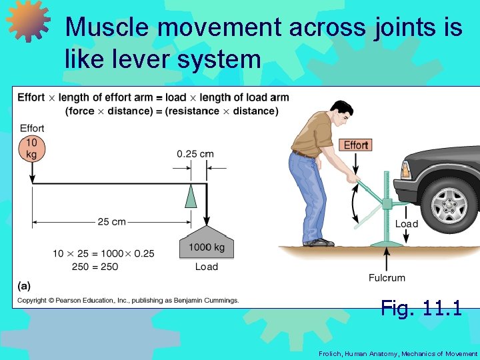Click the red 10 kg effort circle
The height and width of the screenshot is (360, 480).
point(32,148)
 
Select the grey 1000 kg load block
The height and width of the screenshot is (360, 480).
point(206,245)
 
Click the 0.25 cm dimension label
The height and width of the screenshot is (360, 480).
point(195,153)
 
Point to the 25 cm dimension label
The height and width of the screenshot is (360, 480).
point(111,222)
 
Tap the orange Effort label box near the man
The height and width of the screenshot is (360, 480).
point(356,145)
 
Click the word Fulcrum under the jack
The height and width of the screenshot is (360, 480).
point(387,277)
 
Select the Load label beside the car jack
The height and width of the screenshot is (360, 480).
point(407,224)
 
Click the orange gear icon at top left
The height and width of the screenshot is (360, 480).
point(27,21)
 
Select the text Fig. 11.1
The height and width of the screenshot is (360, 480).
point(421,307)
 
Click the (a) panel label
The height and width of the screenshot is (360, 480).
point(24,286)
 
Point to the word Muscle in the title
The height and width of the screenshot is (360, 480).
point(107,27)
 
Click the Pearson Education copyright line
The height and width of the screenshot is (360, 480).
point(128,301)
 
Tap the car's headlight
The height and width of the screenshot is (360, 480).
point(405,169)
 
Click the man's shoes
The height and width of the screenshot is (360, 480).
point(319,243)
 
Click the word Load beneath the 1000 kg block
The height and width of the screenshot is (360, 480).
point(206,267)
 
